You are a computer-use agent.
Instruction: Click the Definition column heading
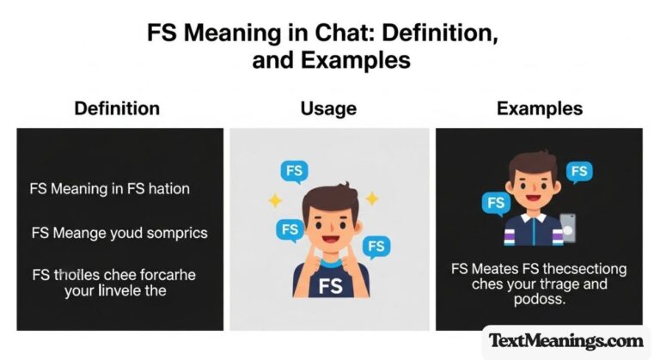click(117, 109)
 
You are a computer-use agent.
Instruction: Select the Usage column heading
click(328, 109)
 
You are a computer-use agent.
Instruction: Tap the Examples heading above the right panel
click(540, 109)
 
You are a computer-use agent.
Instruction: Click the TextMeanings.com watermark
click(566, 340)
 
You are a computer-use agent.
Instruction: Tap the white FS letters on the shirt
click(329, 285)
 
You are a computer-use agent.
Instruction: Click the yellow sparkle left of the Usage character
click(275, 200)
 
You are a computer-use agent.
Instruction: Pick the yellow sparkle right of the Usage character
click(372, 198)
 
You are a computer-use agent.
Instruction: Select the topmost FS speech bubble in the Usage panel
click(295, 171)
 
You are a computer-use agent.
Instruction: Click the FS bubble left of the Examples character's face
click(496, 204)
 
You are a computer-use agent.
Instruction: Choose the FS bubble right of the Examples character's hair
click(581, 171)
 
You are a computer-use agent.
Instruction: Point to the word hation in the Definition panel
click(168, 189)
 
